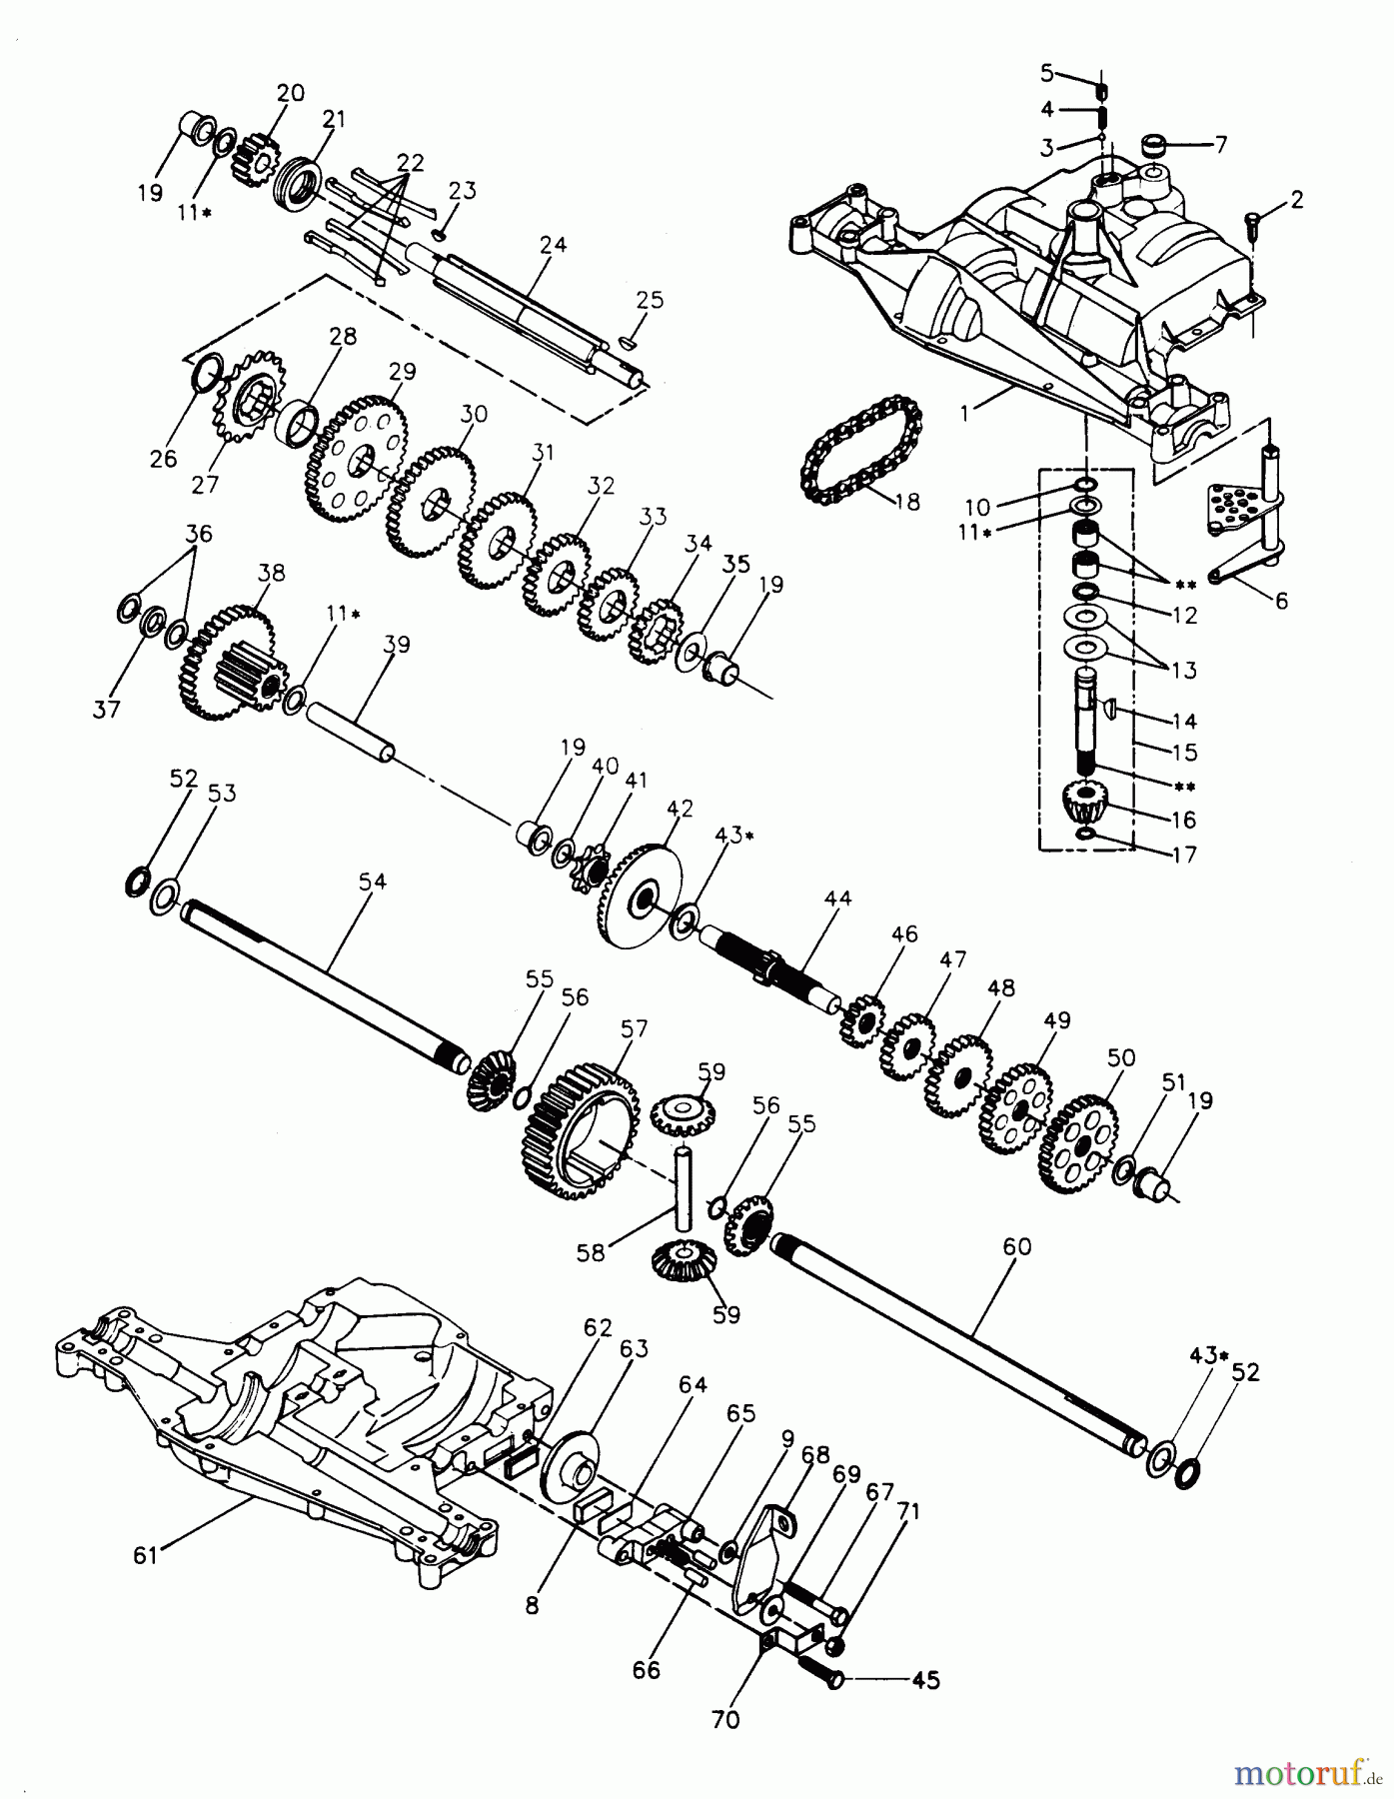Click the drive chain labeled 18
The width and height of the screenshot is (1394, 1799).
857,456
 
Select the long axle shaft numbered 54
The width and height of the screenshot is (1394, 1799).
320,984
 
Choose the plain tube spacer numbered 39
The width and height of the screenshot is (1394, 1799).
349,733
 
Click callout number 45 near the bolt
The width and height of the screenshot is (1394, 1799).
926,1680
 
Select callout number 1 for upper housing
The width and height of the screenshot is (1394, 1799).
963,411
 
